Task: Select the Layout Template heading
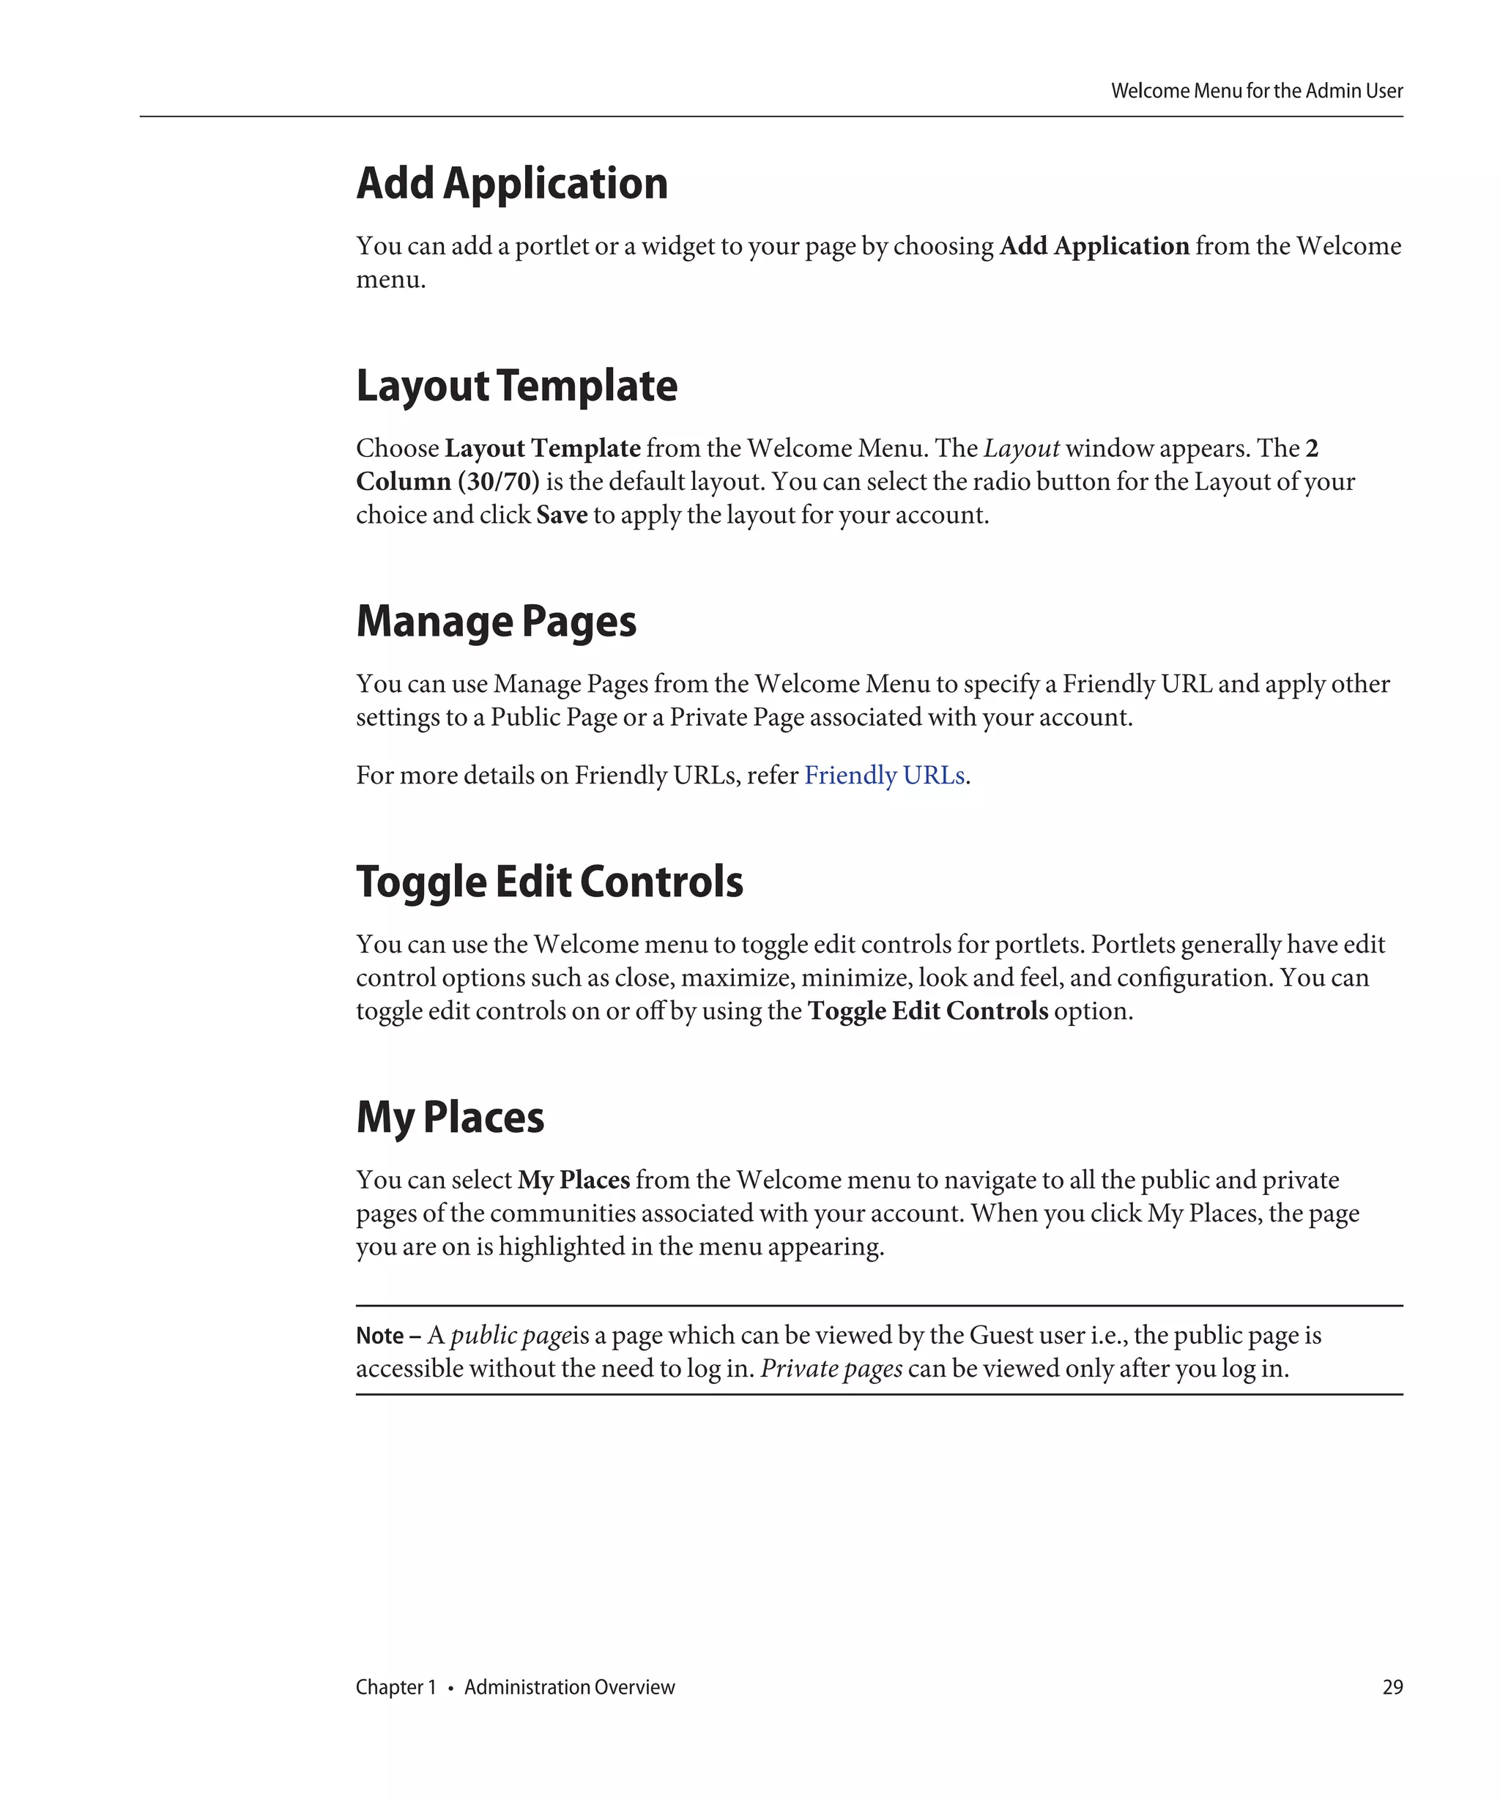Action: [x=516, y=387]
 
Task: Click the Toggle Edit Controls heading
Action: [x=549, y=882]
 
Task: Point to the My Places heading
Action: [x=449, y=1117]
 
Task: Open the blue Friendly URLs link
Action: [x=884, y=776]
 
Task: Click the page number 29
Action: [x=1392, y=1686]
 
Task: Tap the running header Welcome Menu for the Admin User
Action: [x=1257, y=91]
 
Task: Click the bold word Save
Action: [x=562, y=515]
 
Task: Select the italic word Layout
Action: [x=1021, y=448]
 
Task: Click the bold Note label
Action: [x=379, y=1336]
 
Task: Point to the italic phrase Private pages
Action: [x=831, y=1369]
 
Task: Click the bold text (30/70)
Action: [x=498, y=482]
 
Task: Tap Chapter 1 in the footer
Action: [x=396, y=1686]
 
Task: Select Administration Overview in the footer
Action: [x=569, y=1686]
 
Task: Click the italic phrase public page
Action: [x=510, y=1336]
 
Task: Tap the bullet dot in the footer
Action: [x=450, y=1688]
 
